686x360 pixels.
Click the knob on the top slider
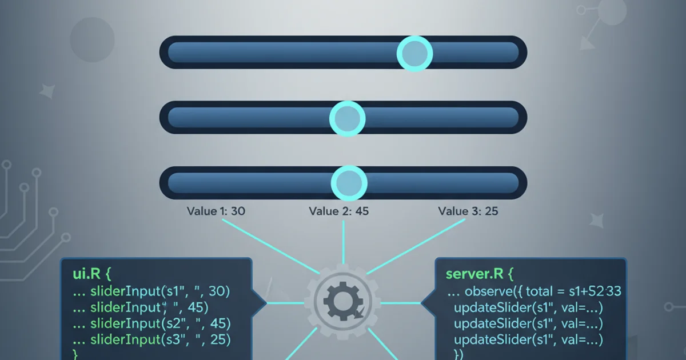(414, 53)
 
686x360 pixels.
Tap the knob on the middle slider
(347, 119)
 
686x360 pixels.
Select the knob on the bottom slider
(348, 183)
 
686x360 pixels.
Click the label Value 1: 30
(216, 211)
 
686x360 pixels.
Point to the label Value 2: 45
(338, 211)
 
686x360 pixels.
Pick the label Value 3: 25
(468, 211)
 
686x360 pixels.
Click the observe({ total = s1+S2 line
(535, 291)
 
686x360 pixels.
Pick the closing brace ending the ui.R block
(74, 354)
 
